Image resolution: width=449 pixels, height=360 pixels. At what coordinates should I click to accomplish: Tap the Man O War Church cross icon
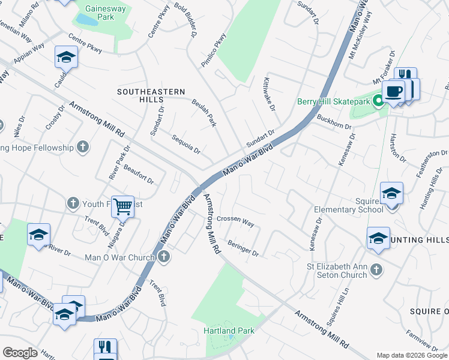click(x=164, y=257)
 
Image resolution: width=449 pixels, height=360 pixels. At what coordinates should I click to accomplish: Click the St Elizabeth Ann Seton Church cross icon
click(x=376, y=269)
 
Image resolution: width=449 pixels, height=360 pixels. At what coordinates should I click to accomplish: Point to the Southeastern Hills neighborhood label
click(x=151, y=95)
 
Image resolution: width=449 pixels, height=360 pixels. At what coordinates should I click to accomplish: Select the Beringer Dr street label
click(x=243, y=248)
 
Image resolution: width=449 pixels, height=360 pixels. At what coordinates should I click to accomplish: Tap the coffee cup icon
click(x=393, y=92)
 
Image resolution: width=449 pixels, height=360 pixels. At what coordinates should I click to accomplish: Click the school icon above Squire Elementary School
click(x=391, y=193)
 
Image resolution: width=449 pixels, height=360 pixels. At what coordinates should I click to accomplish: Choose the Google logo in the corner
click(x=20, y=353)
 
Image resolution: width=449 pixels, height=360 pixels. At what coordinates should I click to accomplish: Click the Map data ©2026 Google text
click(x=412, y=355)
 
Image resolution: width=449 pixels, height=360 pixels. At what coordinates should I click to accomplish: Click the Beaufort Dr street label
click(x=139, y=175)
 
